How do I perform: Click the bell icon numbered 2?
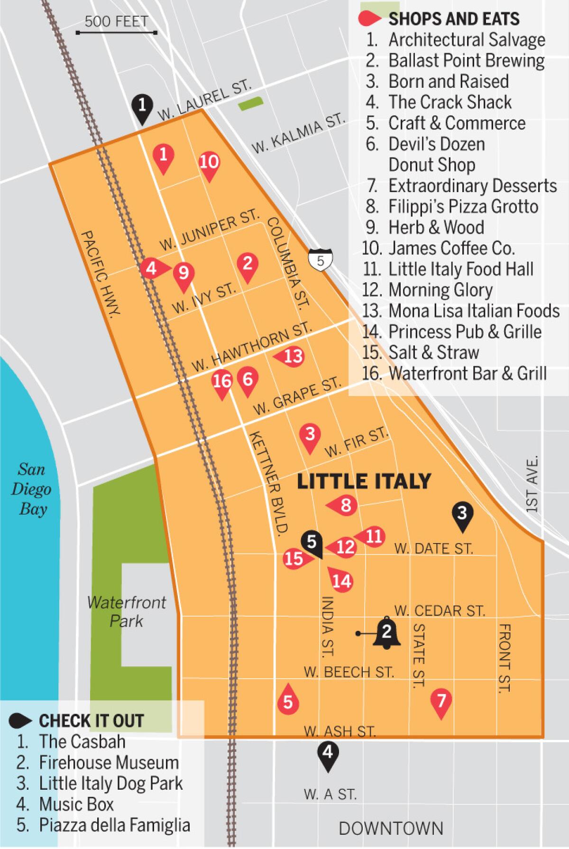(386, 633)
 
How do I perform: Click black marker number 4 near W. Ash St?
(328, 754)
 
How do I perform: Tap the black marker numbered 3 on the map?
(462, 516)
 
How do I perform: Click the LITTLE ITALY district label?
(364, 481)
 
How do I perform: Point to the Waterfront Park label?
(126, 611)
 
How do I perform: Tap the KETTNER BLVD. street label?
(269, 484)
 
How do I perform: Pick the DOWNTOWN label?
(391, 828)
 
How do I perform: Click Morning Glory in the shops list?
(440, 290)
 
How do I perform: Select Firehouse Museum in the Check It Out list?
(109, 762)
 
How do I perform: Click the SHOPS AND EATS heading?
(453, 19)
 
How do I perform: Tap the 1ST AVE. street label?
(533, 484)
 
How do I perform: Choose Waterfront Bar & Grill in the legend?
(467, 373)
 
